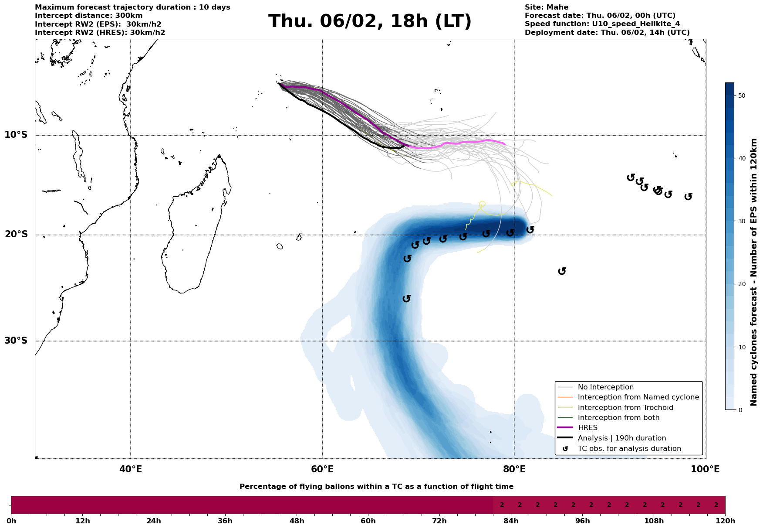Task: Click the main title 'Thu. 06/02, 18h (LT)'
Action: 370,21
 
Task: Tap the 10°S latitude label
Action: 16,135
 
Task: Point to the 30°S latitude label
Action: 16,341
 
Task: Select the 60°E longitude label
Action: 322,469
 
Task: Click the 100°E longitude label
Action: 705,469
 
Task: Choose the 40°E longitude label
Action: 131,469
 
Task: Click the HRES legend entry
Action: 587,428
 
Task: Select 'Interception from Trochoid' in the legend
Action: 625,408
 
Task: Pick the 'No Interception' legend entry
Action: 605,387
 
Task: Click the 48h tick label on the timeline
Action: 297,521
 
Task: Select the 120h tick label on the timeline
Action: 725,521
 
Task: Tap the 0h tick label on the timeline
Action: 11,521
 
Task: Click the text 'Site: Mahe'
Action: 546,7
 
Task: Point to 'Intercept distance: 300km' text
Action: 88,16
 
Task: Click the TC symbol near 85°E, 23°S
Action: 562,271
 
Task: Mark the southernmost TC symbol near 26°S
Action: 407,298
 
